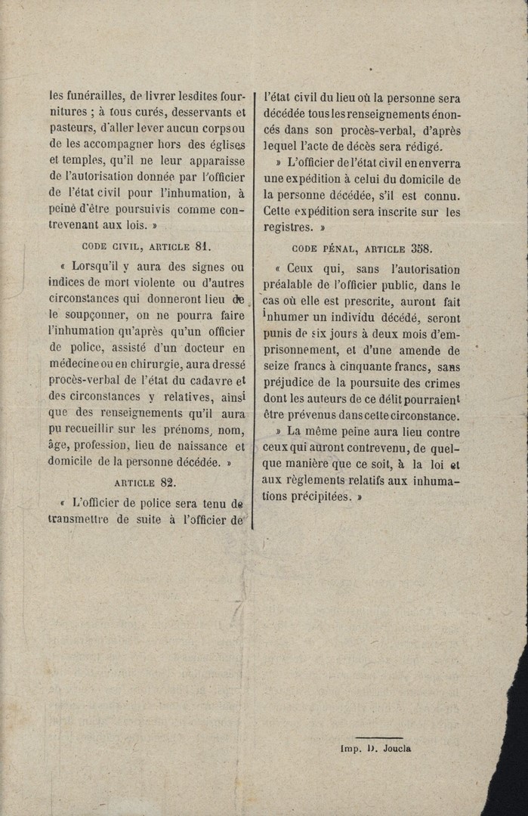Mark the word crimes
pyautogui.click(x=441, y=383)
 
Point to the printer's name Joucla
pyautogui.click(x=393, y=749)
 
